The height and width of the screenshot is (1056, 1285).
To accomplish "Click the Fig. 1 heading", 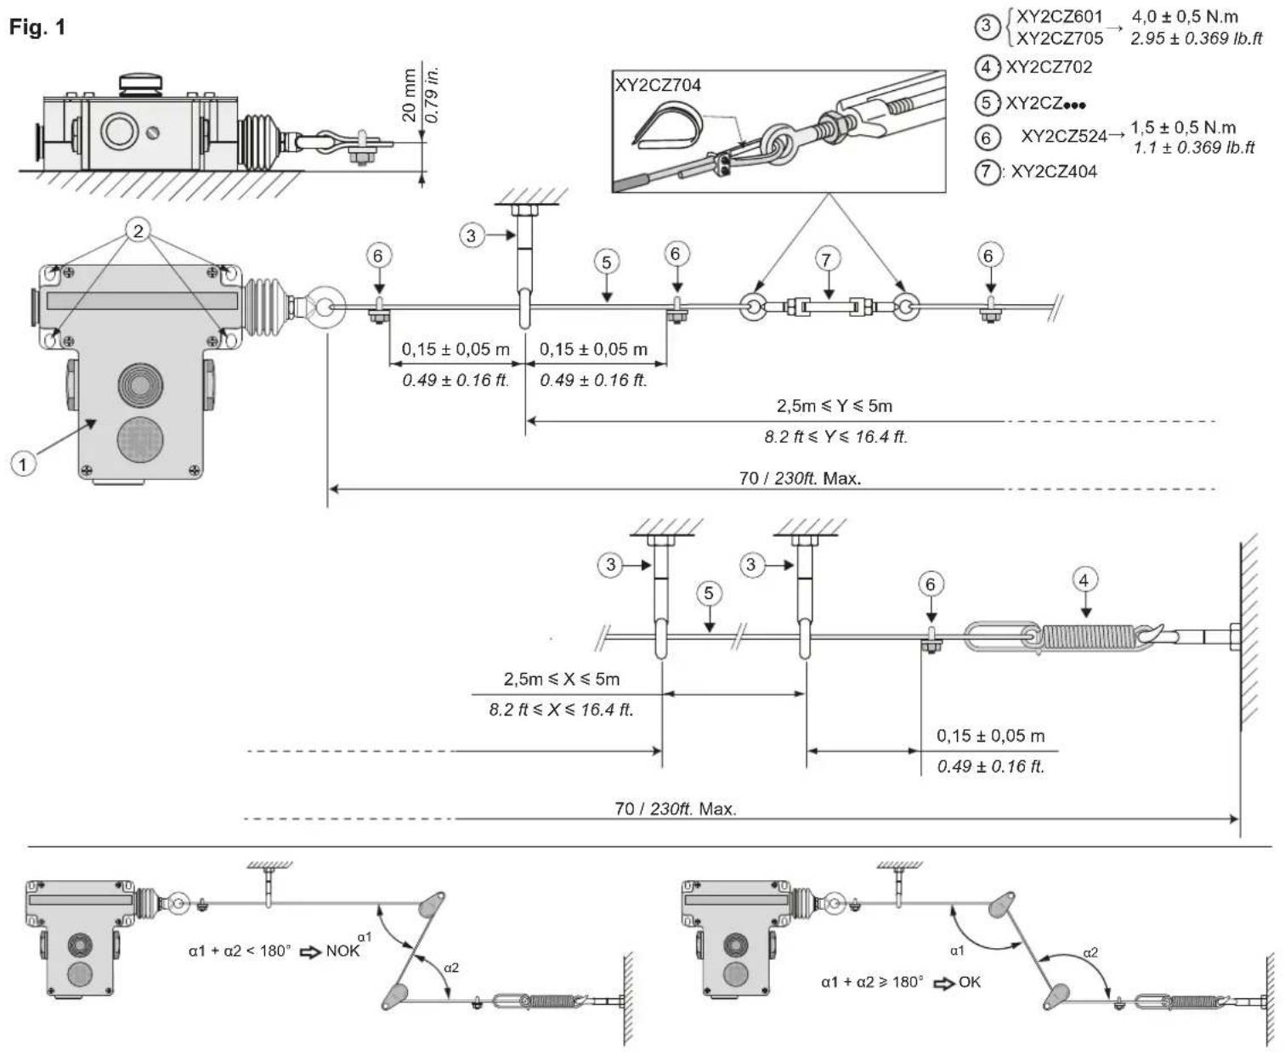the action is tap(37, 27).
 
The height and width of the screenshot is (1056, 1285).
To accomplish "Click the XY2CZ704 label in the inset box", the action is tap(658, 85).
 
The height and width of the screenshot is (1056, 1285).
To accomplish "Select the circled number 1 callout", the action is tap(23, 465).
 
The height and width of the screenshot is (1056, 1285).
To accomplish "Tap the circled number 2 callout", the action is tap(139, 231).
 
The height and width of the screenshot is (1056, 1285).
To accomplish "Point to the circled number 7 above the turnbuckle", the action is tap(826, 260).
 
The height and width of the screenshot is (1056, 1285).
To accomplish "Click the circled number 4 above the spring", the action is tap(1084, 580).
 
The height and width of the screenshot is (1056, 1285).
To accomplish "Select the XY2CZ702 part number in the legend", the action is tap(1049, 67).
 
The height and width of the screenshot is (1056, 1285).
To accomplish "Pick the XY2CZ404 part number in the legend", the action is tap(1054, 172).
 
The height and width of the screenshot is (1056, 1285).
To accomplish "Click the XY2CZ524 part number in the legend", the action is tap(1064, 137).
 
